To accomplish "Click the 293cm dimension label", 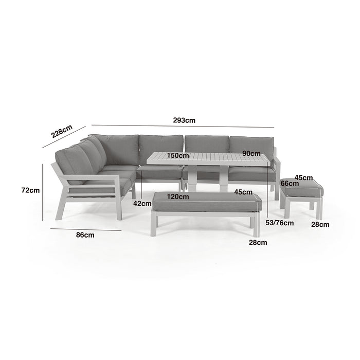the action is click(x=184, y=120).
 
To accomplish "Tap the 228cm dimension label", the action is click(x=62, y=131).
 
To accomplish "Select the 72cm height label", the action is click(x=30, y=190).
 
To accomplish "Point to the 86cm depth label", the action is click(x=85, y=235).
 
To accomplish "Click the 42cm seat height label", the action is click(x=142, y=204).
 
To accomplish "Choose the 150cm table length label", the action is click(x=178, y=155).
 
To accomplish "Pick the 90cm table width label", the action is click(x=251, y=153).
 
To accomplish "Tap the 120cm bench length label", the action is click(x=178, y=197).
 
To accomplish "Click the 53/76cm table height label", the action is click(x=280, y=223).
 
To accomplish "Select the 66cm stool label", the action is click(x=290, y=184).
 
